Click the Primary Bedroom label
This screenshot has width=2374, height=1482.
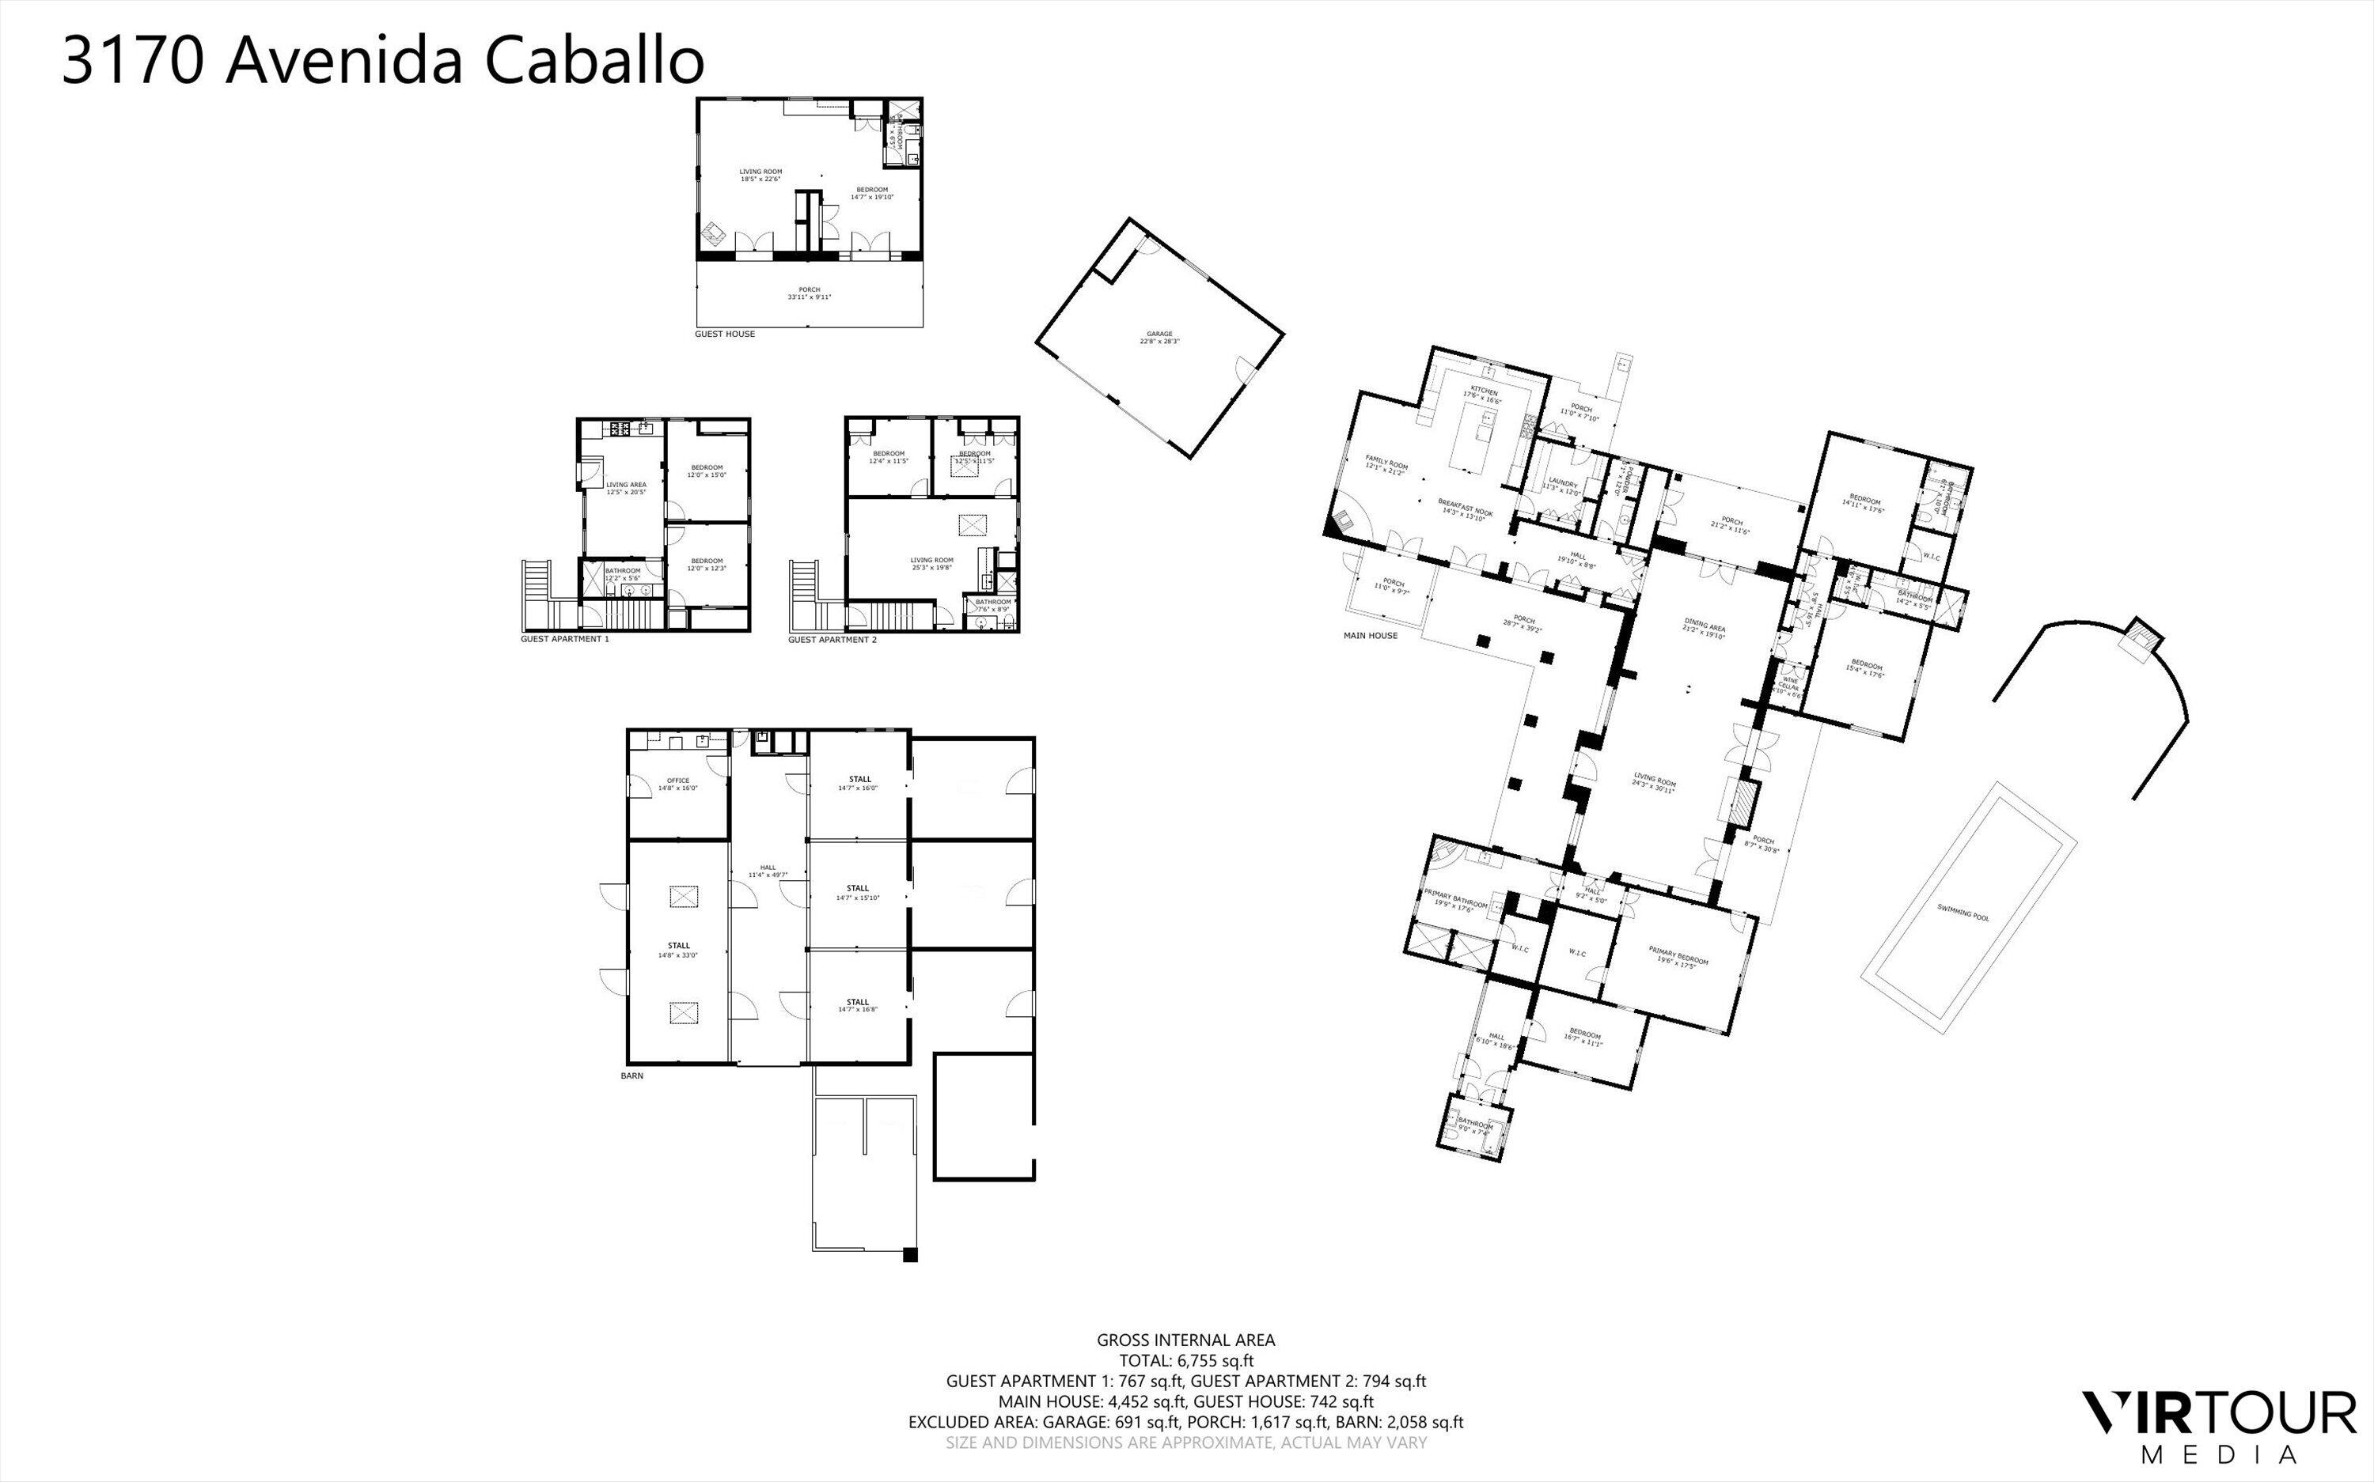coord(1678,955)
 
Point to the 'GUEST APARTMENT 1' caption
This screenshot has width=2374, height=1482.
coord(565,639)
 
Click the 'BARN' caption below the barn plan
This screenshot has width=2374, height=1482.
coord(631,1076)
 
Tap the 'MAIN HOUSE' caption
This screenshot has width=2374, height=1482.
coord(1370,635)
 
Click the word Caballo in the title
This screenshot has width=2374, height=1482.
coord(594,61)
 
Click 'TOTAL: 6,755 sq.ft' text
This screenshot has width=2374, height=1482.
coord(1185,1360)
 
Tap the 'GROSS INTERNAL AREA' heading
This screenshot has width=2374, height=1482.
coord(1185,1340)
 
